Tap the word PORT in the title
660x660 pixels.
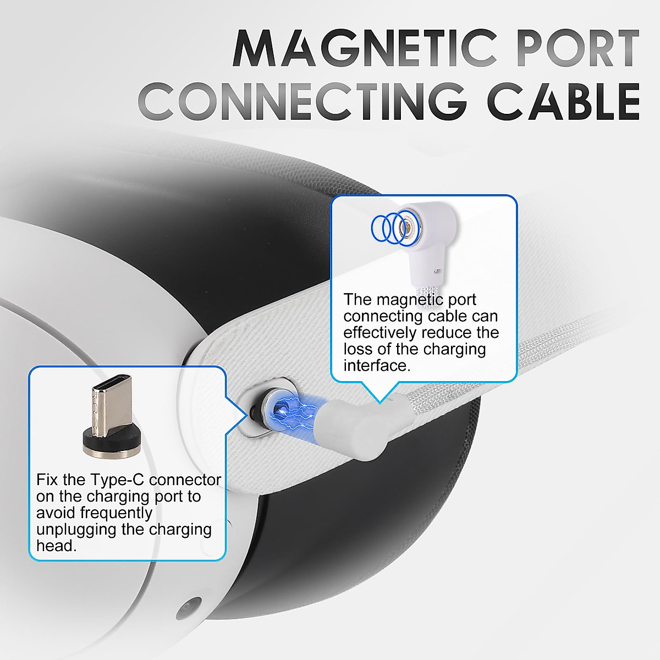tap(572, 50)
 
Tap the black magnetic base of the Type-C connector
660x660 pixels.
tap(108, 443)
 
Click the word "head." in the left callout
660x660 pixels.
tap(54, 546)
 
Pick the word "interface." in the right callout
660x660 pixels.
tap(377, 366)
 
